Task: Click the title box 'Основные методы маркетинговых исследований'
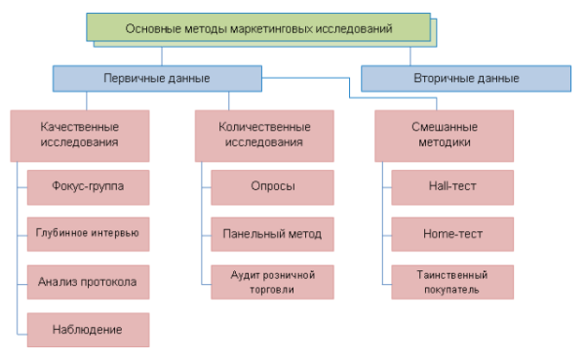coord(258,29)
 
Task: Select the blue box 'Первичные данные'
coord(156,78)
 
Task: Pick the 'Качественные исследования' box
coord(80,135)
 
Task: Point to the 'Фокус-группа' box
coord(88,186)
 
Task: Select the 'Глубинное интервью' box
coord(88,234)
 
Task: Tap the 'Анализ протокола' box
coord(88,282)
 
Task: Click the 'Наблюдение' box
coord(88,329)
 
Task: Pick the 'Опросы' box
coord(272,186)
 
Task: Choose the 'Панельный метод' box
coord(272,234)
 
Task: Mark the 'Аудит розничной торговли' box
coord(272,282)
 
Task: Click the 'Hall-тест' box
coord(451,186)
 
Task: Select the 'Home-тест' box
coord(451,234)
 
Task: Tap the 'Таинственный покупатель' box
coord(451,282)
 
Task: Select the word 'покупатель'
coord(451,289)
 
